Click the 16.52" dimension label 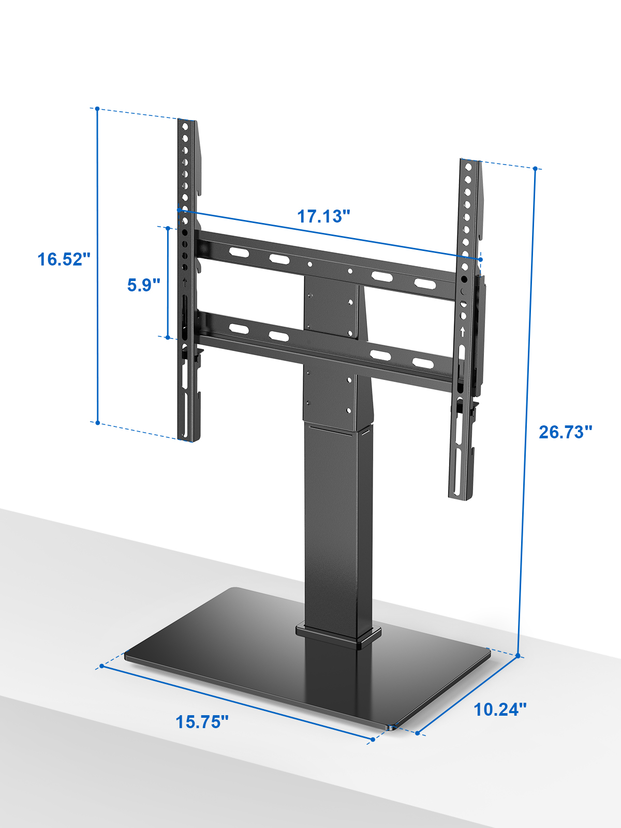tap(64, 260)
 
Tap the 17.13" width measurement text tap(324, 216)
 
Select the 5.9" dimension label tap(144, 285)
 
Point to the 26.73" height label tap(566, 432)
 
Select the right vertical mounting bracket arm tap(467, 329)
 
